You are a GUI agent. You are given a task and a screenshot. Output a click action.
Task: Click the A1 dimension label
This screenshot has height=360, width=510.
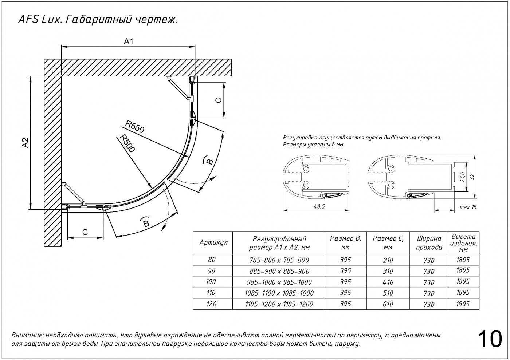[x=129, y=41]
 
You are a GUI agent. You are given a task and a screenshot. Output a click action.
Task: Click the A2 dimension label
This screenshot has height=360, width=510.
[x=25, y=142]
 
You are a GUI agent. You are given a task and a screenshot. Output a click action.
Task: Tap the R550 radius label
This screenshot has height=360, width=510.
[x=135, y=126]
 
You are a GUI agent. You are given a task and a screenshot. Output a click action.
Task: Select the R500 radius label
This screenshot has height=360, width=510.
[x=127, y=143]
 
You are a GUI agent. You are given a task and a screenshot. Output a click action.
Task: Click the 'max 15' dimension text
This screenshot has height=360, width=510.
[x=468, y=207]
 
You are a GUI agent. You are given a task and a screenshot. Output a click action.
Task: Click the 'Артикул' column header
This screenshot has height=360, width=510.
[x=213, y=242]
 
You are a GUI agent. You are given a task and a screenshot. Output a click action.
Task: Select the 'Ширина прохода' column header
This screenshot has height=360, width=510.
[x=429, y=243]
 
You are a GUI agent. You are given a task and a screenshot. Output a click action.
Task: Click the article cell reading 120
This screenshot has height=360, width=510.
[x=211, y=304]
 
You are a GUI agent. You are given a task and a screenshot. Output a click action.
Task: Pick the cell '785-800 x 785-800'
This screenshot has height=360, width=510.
[x=279, y=260]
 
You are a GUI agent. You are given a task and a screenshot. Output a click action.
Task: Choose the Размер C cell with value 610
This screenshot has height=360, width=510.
[x=388, y=304]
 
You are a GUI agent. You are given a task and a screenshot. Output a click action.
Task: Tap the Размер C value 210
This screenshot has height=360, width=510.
[x=388, y=260]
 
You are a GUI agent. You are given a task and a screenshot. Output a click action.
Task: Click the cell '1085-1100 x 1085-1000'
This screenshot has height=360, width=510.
[x=279, y=293]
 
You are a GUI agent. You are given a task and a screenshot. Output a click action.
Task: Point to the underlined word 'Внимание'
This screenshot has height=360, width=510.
[x=28, y=335]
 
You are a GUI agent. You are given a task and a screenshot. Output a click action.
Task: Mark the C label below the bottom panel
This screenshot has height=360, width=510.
[x=85, y=232]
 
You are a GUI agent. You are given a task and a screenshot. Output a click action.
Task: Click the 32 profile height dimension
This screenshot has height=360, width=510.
[x=472, y=177]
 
